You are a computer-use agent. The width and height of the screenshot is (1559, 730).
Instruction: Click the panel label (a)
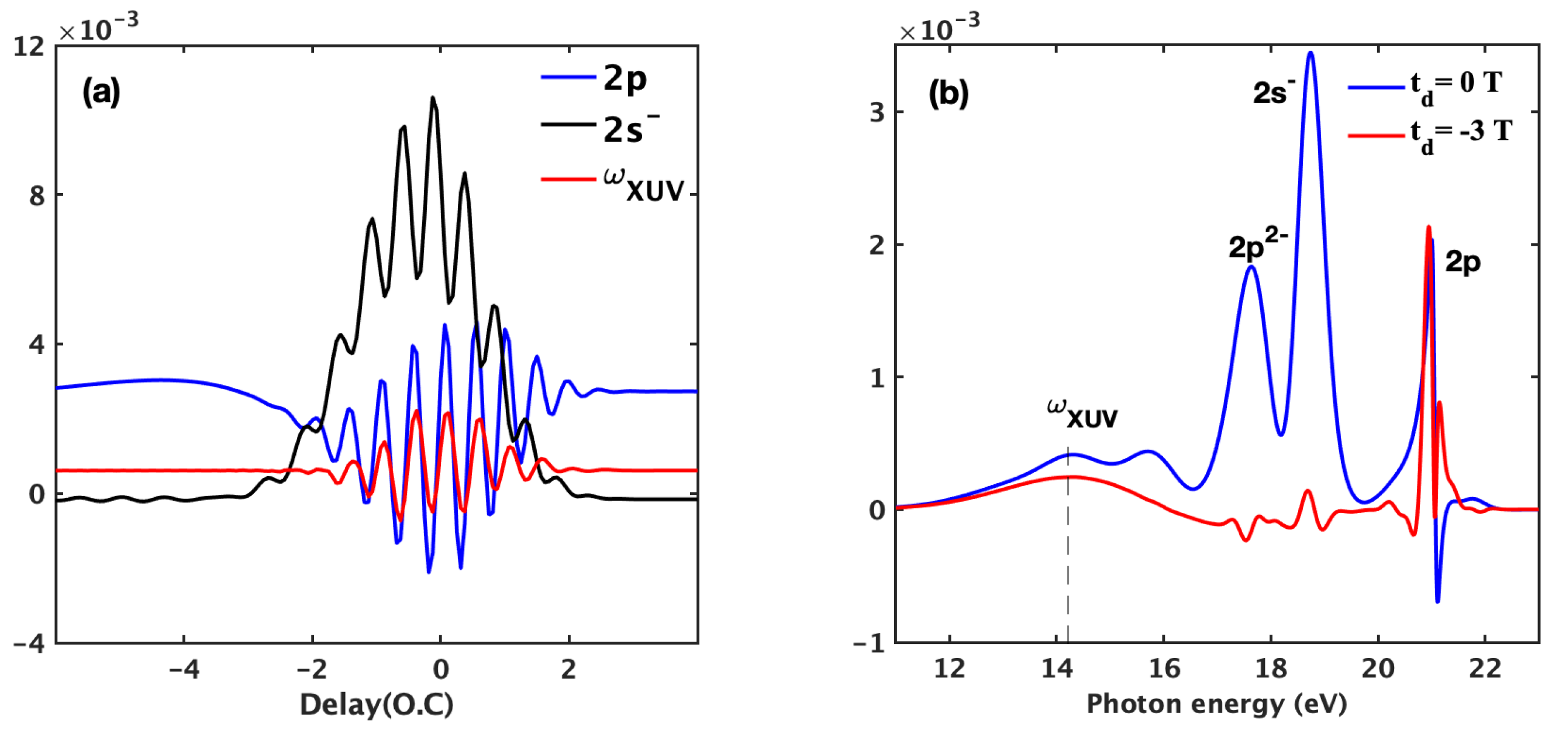pyautogui.click(x=101, y=92)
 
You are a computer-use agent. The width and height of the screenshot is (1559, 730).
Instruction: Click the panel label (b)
pyautogui.click(x=948, y=93)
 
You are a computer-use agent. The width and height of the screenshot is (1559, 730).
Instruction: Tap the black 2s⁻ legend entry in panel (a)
pyautogui.click(x=599, y=128)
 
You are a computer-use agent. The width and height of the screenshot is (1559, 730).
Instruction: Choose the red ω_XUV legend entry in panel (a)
pyautogui.click(x=611, y=182)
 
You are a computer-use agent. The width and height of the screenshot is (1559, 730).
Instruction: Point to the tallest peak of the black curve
pyautogui.click(x=433, y=98)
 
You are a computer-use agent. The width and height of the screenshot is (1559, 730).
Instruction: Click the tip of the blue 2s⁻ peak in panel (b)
pyautogui.click(x=1311, y=53)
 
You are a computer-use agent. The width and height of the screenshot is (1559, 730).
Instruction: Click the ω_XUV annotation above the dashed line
pyautogui.click(x=1082, y=414)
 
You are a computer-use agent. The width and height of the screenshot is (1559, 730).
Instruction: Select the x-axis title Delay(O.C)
pyautogui.click(x=377, y=705)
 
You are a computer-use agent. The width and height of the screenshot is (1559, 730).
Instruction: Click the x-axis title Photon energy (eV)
pyautogui.click(x=1216, y=705)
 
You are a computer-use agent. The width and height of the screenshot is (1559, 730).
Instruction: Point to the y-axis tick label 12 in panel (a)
pyautogui.click(x=29, y=47)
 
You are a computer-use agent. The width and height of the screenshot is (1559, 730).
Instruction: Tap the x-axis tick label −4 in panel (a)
pyautogui.click(x=184, y=670)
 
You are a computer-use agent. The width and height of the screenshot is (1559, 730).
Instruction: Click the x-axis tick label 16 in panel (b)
pyautogui.click(x=1164, y=670)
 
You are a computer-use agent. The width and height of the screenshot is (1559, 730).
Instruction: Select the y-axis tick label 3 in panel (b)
pyautogui.click(x=878, y=112)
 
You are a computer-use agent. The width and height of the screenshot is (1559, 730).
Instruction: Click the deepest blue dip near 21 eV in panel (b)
pyautogui.click(x=1437, y=601)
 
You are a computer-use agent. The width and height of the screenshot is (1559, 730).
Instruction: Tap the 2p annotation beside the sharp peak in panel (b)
pyautogui.click(x=1462, y=261)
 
